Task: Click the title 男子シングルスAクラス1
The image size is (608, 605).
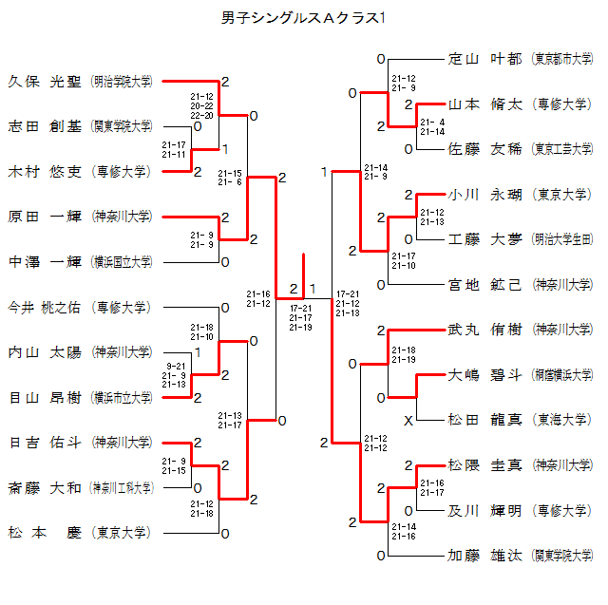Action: [x=303, y=18]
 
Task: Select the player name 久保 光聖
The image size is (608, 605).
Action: [x=45, y=81]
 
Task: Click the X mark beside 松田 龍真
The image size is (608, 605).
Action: [x=408, y=420]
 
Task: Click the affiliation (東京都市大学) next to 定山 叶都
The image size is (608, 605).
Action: [x=562, y=58]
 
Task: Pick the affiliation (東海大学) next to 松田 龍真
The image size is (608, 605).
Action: [x=562, y=420]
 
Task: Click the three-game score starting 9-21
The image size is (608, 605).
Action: [x=176, y=375]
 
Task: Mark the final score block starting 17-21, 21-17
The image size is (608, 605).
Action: [x=301, y=317]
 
